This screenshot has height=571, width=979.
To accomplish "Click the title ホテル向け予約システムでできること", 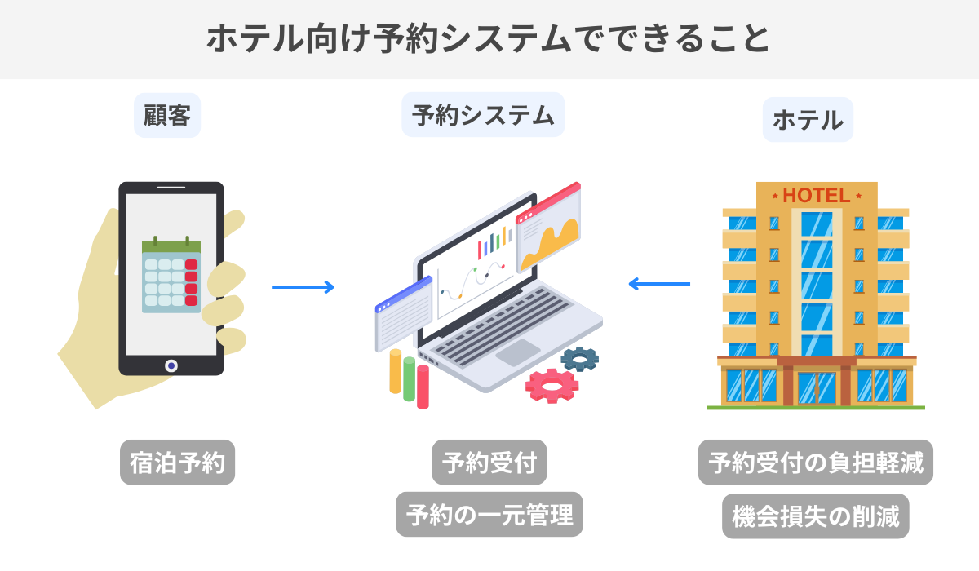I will click(x=489, y=39).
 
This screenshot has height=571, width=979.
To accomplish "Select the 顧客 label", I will click(x=167, y=117).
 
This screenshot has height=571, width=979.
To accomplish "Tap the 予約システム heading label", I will click(x=483, y=115).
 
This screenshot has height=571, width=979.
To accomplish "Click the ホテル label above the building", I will click(x=808, y=120).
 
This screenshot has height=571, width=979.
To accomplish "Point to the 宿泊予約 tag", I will click(x=177, y=463).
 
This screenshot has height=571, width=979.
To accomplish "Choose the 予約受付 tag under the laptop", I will click(x=489, y=463).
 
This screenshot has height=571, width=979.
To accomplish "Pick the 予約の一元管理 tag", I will click(x=489, y=515).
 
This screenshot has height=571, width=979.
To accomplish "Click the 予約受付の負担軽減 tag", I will click(x=816, y=463).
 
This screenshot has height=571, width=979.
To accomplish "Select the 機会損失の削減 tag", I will click(x=816, y=516).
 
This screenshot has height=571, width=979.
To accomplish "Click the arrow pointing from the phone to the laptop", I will click(x=303, y=286).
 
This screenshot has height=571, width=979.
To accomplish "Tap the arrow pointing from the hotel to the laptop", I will click(x=659, y=284).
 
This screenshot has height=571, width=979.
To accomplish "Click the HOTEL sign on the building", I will click(x=816, y=196).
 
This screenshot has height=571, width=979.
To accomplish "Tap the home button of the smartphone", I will click(x=171, y=365).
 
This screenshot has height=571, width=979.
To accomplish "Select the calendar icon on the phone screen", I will click(x=171, y=275).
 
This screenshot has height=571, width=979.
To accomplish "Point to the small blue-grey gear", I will click(x=580, y=358).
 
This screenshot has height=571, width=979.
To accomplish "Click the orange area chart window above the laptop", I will click(x=549, y=229).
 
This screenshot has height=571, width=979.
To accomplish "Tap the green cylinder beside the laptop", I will click(x=409, y=379).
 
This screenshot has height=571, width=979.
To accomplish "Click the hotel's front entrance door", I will click(x=816, y=387).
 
